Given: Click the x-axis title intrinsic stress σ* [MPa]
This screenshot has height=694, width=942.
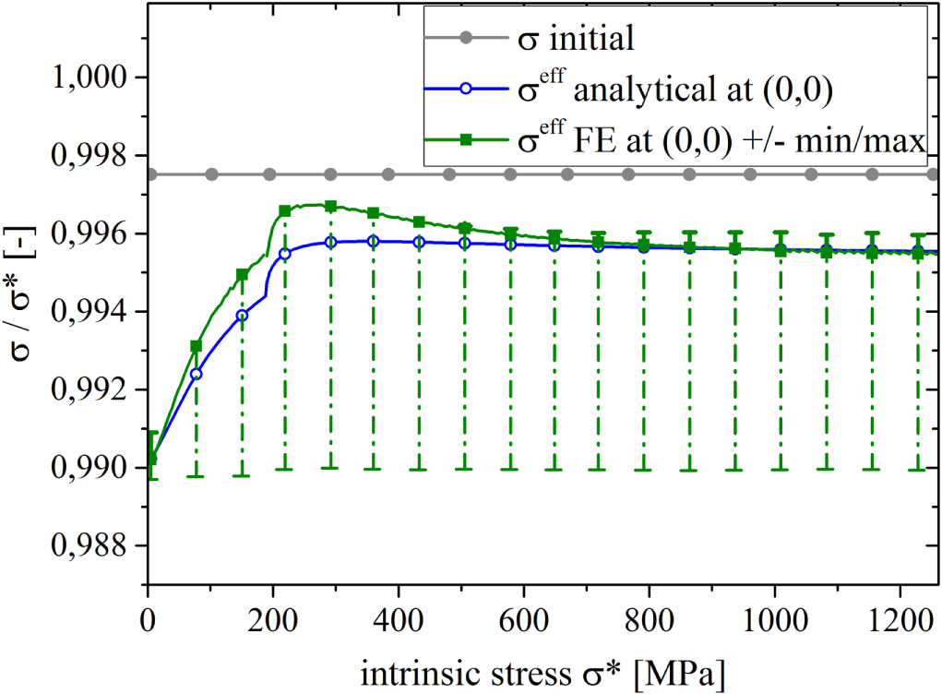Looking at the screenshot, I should click(x=543, y=667).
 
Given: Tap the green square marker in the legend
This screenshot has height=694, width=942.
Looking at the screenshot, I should click(x=466, y=138).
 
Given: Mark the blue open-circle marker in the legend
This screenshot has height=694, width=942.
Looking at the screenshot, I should click(x=466, y=89).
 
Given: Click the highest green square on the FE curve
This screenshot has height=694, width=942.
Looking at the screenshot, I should click(x=330, y=206).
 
